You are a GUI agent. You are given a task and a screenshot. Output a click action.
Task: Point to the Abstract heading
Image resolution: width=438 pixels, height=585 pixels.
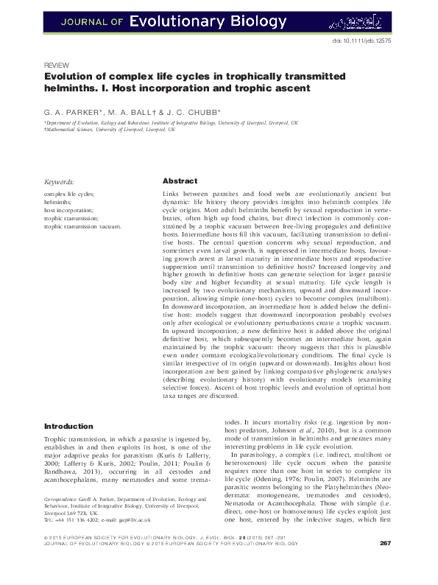tap(180, 181)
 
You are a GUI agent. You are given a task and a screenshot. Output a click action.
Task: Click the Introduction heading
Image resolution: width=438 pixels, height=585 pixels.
tap(68, 426)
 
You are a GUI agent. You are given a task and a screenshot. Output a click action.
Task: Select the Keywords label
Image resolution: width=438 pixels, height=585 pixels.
tap(59, 181)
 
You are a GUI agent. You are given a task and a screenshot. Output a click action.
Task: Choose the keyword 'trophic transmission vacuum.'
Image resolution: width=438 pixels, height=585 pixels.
tap(82, 226)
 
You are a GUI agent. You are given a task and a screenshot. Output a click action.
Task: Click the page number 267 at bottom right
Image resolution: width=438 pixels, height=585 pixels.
tap(384, 564)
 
